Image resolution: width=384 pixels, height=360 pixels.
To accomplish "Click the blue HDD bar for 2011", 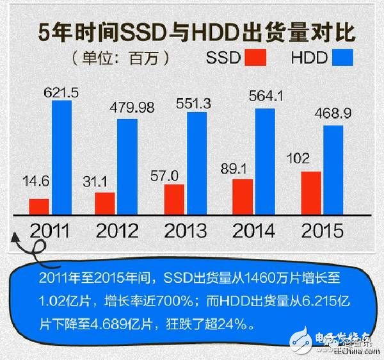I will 62,157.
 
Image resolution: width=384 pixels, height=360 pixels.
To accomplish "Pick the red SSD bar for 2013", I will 173,200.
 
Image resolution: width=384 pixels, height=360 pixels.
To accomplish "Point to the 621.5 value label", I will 61,94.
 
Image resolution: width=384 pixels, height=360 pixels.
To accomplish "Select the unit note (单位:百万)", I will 121,58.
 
